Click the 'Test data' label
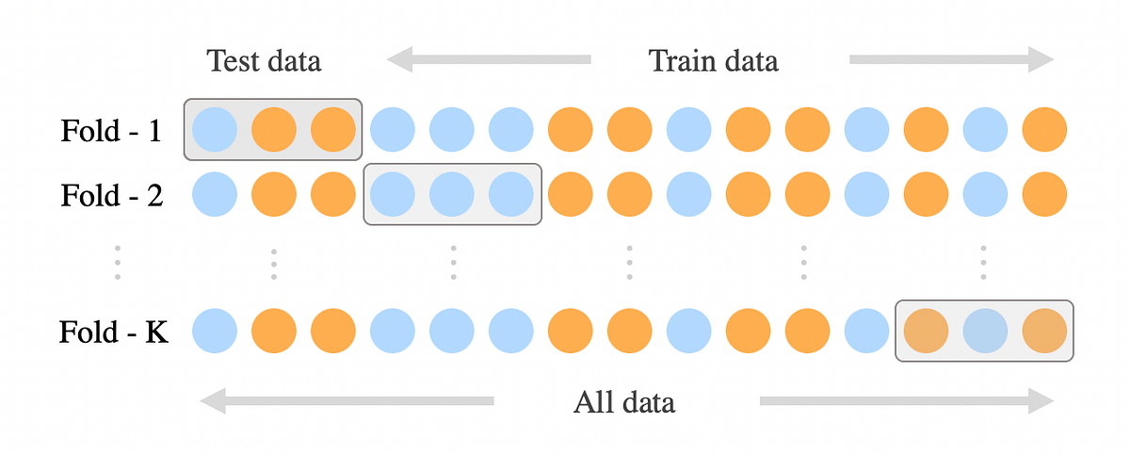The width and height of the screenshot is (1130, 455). pos(264,61)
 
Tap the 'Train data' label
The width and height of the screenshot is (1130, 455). pos(713,61)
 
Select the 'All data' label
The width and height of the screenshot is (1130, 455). pos(623,403)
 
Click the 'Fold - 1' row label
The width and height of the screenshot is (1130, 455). pos(112,130)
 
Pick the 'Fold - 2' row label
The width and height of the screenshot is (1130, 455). pos(112,196)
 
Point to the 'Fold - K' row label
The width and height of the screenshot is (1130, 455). pos(114,332)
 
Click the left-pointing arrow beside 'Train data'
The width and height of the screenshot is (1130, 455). pos(489,60)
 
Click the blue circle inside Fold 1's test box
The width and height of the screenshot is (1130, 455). pos(215,130)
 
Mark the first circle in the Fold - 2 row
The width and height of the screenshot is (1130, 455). pos(215,196)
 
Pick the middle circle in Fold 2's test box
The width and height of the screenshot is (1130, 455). pos(452,196)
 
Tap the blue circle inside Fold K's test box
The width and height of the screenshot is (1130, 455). pos(985,331)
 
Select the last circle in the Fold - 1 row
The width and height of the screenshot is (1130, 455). pos(1044,130)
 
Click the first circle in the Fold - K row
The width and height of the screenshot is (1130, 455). pos(215,331)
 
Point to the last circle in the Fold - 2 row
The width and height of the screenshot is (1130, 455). pos(1044,196)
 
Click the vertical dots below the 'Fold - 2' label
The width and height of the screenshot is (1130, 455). pos(118,263)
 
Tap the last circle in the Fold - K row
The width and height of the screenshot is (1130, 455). pos(1044,331)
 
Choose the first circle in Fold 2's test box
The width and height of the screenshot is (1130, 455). pos(393,196)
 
